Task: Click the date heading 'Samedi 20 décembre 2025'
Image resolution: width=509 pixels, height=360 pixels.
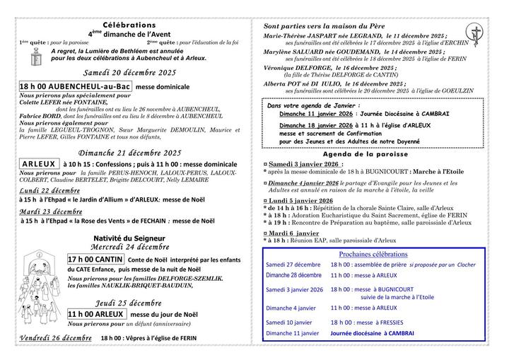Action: (129, 72)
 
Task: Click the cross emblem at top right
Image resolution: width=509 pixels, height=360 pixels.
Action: (478, 31)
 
